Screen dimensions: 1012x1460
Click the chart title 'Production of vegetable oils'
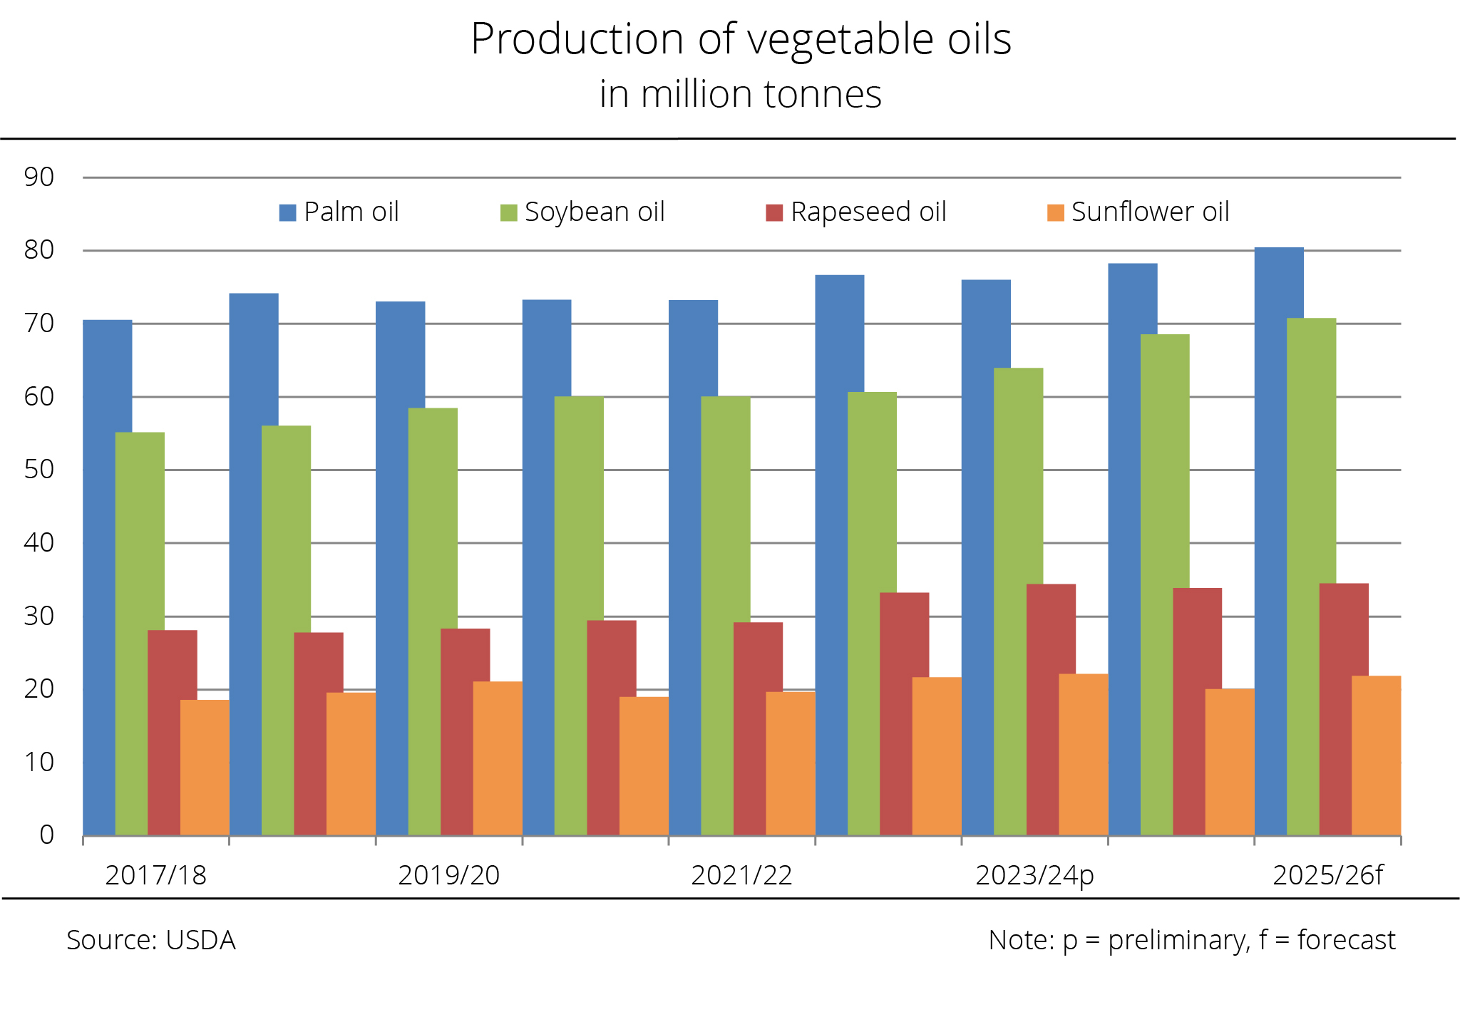tap(741, 39)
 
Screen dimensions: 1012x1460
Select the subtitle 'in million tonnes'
tap(740, 94)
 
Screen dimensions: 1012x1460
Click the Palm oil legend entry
tap(339, 212)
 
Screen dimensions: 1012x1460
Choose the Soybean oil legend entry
tap(582, 212)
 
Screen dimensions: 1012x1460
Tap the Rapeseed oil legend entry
tap(856, 212)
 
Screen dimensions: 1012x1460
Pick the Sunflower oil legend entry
tap(1138, 212)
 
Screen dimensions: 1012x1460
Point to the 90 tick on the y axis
tap(39, 177)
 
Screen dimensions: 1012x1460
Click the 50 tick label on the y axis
tap(39, 470)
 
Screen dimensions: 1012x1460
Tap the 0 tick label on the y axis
tap(47, 835)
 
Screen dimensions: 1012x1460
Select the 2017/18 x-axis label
tap(155, 875)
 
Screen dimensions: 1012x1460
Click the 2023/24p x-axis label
tap(1034, 875)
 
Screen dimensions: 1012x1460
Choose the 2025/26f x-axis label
tap(1327, 875)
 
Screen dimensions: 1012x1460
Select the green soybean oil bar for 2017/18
tap(140, 634)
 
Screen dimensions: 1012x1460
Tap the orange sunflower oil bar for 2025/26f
tap(1376, 755)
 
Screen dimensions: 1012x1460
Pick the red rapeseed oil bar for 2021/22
tap(758, 727)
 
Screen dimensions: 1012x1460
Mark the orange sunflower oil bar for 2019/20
tap(497, 759)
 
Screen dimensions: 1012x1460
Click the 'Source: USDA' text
tap(150, 940)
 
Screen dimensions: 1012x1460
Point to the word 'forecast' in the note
tap(1346, 940)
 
